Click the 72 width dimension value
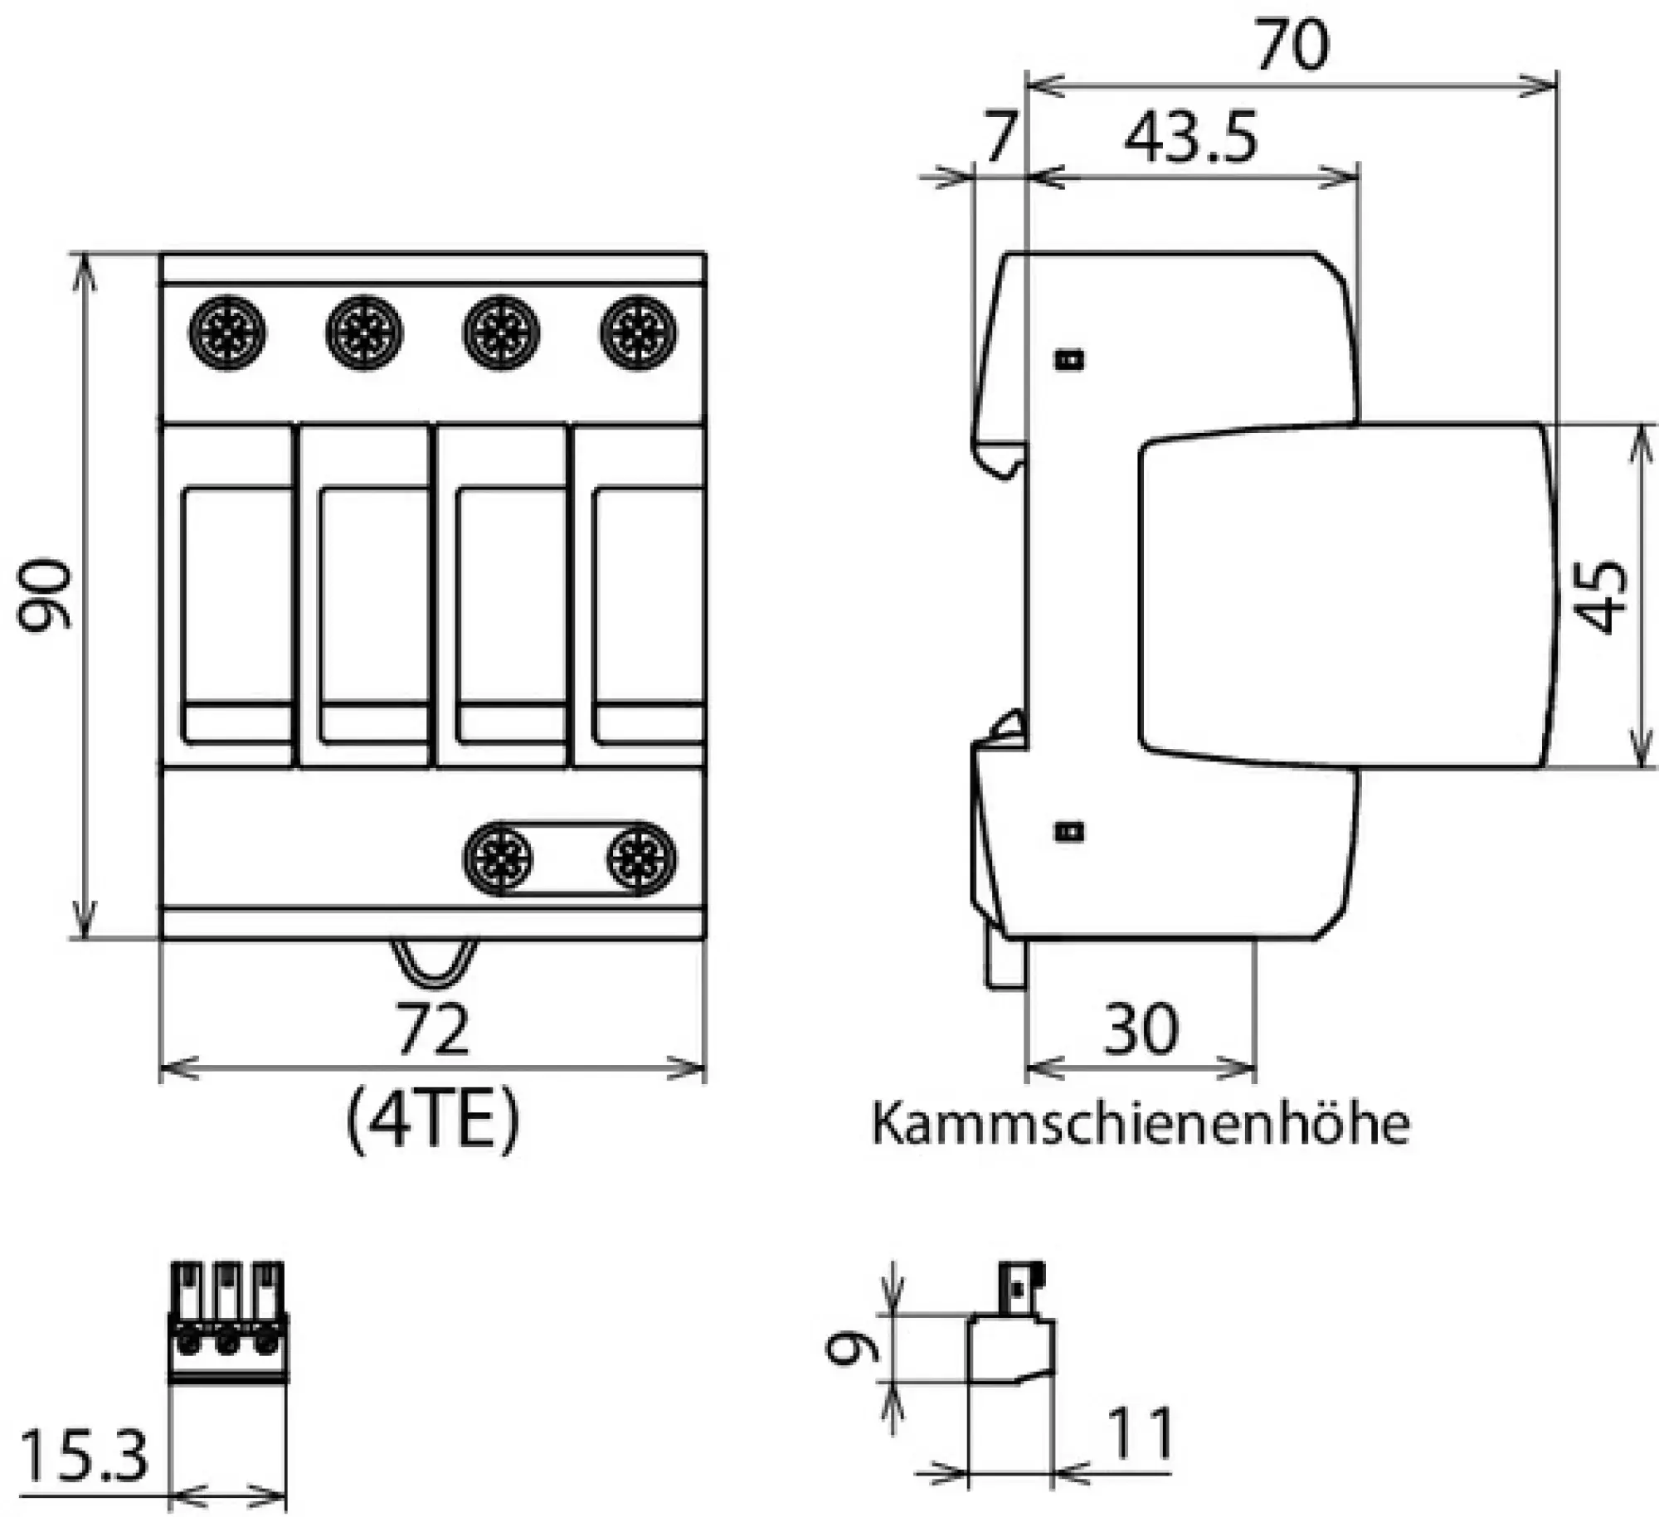coord(432,1028)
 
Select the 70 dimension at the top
coord(1292,46)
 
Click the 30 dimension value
coord(1141,1028)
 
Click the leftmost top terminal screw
coord(227,333)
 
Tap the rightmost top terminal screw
coord(637,333)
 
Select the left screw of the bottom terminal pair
coord(498,858)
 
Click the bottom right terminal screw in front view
coord(640,858)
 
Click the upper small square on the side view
coord(1070,359)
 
